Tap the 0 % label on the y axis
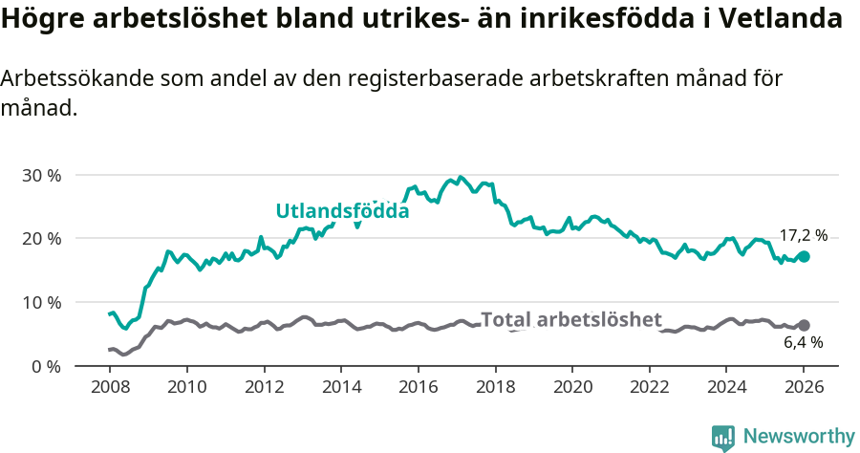coord(48,366)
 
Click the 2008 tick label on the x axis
coord(110,387)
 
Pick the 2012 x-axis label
coord(265,387)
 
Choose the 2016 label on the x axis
coord(419,387)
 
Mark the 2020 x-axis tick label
coord(572,387)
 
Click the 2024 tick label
coord(726,387)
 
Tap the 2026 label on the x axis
coord(804,387)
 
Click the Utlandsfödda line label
coord(342,211)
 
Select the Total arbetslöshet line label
coord(570,320)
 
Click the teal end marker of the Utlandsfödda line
coord(804,256)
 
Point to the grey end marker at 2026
coord(804,325)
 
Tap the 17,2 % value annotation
coord(804,235)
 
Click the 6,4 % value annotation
coord(802,342)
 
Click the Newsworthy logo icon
coord(723,437)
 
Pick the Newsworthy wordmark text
coord(799,437)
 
